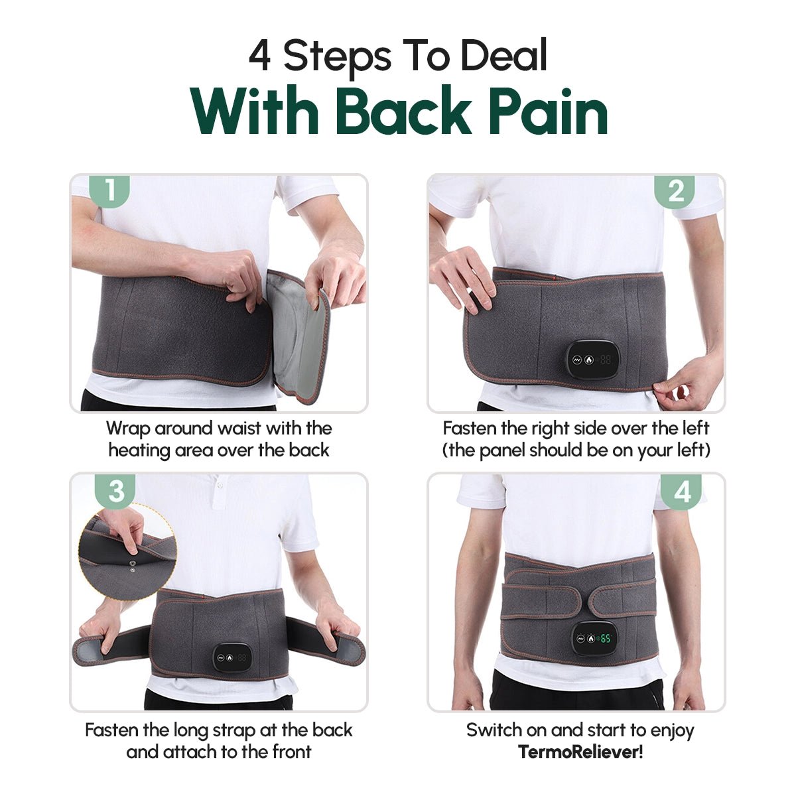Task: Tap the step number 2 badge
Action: click(x=675, y=191)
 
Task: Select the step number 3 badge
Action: click(x=116, y=491)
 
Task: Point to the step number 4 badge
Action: click(x=681, y=492)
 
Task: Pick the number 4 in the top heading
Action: click(x=260, y=56)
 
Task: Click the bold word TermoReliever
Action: click(x=578, y=752)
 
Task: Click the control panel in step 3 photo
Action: click(x=233, y=659)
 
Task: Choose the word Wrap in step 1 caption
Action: click(x=128, y=429)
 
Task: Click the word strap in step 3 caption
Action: click(x=233, y=730)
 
